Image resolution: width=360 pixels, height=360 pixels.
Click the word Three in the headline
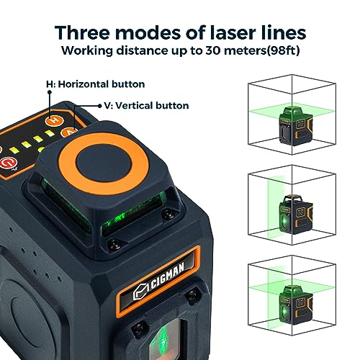coord(82,32)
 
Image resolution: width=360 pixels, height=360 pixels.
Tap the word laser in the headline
coord(233,32)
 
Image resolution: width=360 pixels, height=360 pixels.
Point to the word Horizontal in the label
coord(84,84)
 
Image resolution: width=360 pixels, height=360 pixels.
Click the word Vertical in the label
coord(134,106)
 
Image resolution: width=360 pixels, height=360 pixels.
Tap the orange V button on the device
coord(69,132)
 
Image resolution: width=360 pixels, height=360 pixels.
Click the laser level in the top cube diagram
coord(296,126)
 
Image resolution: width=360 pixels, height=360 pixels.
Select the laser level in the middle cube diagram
coord(296,215)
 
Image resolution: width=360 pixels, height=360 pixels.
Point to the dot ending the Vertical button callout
coord(100,106)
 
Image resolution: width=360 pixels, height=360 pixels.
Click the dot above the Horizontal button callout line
coord(50,92)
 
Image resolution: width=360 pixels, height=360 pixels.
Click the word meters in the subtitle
coord(245,50)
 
